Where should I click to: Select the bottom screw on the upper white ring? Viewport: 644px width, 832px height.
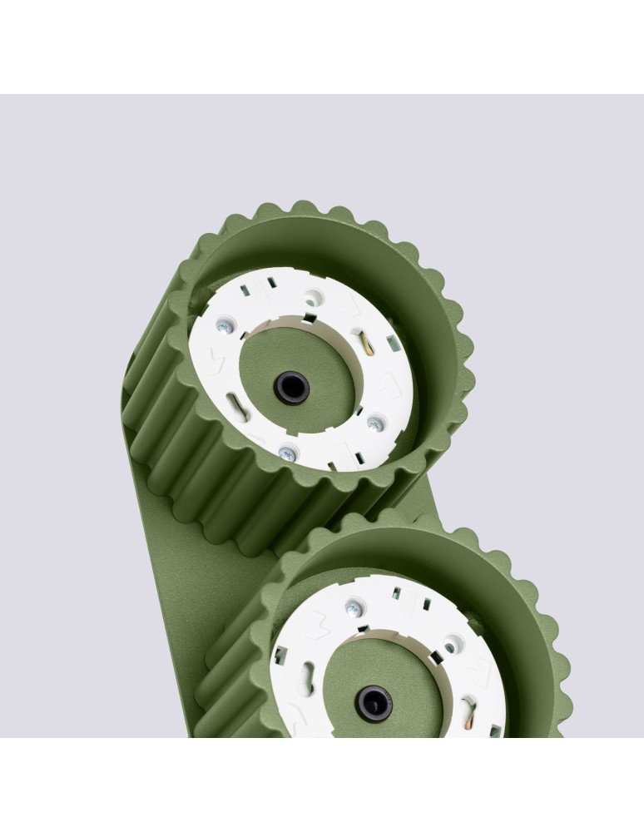click(287, 453)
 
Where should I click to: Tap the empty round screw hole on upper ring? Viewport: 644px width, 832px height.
click(312, 295)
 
